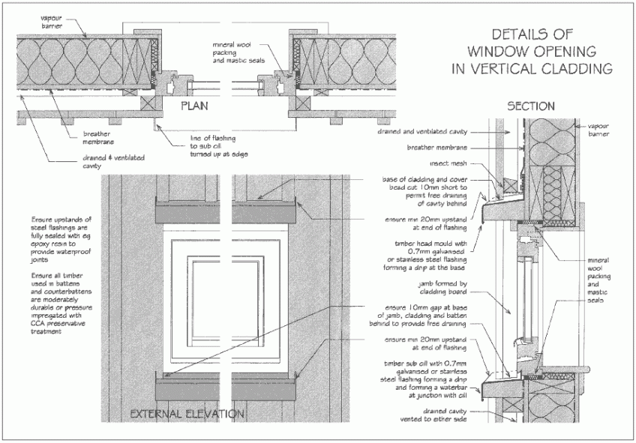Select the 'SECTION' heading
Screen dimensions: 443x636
[x=531, y=106]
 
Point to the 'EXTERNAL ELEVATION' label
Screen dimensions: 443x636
[x=187, y=413]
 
